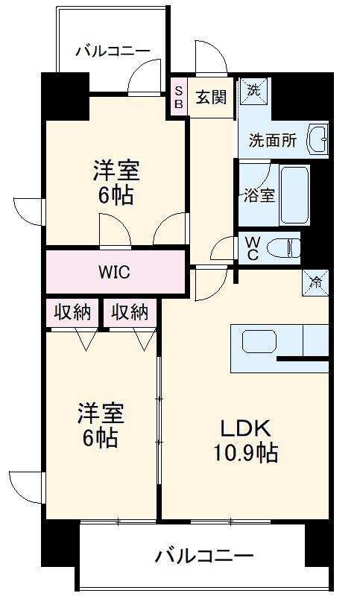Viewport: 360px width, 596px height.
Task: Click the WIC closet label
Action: tap(114, 272)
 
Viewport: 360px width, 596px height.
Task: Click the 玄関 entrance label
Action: tap(211, 96)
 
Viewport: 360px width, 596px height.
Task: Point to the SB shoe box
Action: tap(178, 97)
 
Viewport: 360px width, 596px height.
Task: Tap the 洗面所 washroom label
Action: tap(273, 139)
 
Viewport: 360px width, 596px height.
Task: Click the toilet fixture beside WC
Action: tap(282, 247)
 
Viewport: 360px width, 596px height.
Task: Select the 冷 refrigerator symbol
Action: tap(316, 282)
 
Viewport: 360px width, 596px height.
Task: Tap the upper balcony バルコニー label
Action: tap(113, 51)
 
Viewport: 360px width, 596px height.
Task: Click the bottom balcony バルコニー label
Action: tap(204, 555)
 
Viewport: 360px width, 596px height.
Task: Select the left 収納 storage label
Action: tap(72, 312)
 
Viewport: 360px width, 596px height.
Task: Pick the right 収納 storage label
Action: tap(130, 312)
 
